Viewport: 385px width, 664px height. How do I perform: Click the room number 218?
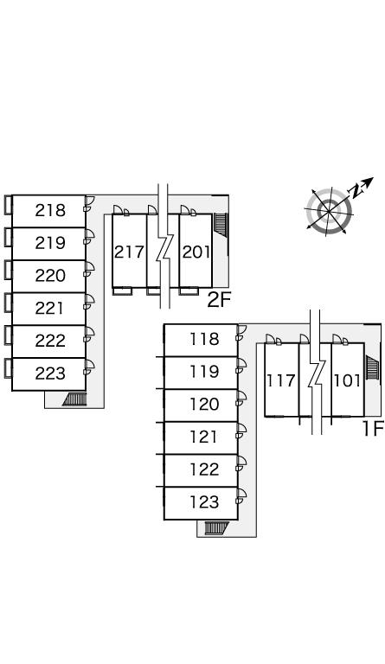point(50,210)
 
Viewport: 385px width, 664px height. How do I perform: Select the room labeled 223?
point(50,373)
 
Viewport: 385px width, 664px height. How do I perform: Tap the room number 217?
point(129,252)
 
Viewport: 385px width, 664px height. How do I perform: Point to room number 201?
point(196,252)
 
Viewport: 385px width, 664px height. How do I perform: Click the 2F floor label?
point(219,300)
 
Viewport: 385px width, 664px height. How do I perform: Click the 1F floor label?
point(373,430)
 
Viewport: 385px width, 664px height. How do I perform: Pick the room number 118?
point(204,339)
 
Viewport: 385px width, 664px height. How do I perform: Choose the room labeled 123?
point(204,502)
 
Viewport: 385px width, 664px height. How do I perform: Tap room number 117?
point(281,380)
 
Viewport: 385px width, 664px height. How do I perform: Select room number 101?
point(347,380)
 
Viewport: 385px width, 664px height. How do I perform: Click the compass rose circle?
point(329,210)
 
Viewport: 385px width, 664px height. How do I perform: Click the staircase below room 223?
point(74,399)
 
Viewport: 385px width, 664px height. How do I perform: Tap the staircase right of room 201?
point(221,223)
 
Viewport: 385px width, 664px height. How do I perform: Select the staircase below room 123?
point(216,528)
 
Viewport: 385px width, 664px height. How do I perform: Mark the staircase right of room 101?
point(372,367)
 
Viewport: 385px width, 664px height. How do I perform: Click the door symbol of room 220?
point(89,269)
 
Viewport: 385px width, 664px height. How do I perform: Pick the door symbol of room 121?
point(241,431)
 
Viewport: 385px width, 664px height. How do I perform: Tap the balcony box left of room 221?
point(8,303)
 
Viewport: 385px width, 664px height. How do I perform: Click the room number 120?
point(204,405)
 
